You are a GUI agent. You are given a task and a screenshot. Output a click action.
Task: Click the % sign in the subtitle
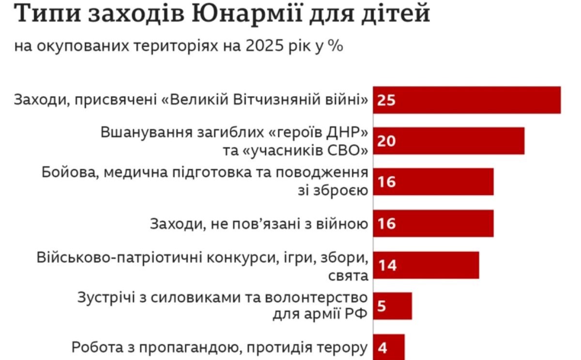[x=336, y=47]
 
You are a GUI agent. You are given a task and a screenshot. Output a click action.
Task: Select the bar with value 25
[x=467, y=100]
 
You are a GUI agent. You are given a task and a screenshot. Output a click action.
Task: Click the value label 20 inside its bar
[x=387, y=141]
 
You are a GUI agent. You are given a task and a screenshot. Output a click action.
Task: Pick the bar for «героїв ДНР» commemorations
[x=448, y=141]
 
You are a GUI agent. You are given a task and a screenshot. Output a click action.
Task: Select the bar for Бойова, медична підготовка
[x=433, y=182]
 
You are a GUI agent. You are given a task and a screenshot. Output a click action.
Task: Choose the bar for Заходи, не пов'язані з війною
[x=433, y=224]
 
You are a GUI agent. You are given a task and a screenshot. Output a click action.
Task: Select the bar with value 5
[x=392, y=306]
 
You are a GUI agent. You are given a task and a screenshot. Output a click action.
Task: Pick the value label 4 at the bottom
[x=382, y=348]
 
